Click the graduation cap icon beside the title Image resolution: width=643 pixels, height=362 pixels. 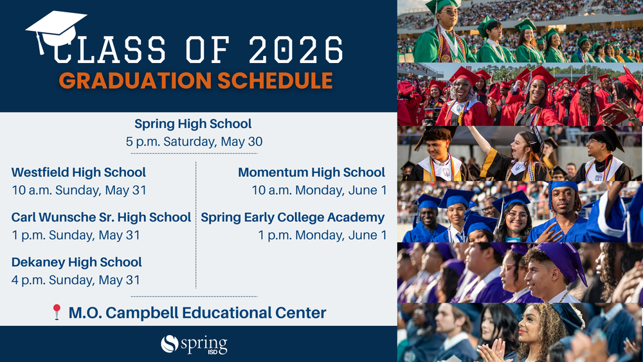click(x=56, y=32)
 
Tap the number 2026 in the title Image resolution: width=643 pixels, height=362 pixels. click(x=296, y=50)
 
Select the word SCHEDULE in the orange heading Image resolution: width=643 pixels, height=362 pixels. click(x=275, y=80)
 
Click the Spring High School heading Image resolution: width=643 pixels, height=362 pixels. click(x=193, y=123)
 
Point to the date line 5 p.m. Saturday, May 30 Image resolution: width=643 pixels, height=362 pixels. click(x=194, y=141)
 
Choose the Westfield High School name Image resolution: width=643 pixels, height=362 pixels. click(x=78, y=172)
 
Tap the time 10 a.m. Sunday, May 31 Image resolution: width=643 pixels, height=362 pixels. click(x=78, y=190)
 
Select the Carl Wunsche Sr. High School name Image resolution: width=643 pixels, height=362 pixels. click(x=102, y=217)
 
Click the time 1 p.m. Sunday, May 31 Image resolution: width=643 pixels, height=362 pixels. click(x=76, y=235)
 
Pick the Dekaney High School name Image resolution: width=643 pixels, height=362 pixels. click(x=77, y=262)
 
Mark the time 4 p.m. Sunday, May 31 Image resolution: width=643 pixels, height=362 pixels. click(x=76, y=280)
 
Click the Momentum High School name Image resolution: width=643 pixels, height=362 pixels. click(x=312, y=172)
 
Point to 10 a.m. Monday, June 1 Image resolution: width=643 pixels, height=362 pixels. click(x=319, y=190)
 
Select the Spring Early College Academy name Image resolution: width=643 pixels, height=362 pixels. click(x=293, y=217)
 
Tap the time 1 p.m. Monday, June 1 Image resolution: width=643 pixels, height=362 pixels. click(x=322, y=235)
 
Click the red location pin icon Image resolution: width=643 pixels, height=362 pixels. click(x=57, y=312)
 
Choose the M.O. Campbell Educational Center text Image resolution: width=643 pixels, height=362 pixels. click(x=197, y=312)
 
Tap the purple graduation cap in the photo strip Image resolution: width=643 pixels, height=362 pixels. click(x=563, y=260)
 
